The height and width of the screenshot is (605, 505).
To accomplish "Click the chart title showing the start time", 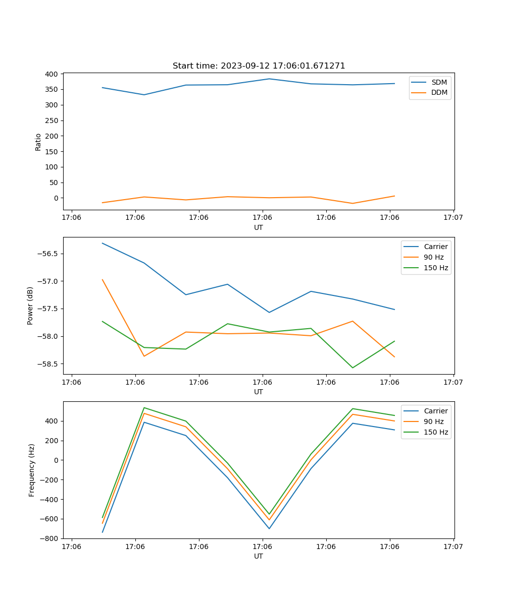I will [259, 66].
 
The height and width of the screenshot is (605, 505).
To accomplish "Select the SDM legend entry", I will [439, 82].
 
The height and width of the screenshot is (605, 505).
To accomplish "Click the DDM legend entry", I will [439, 92].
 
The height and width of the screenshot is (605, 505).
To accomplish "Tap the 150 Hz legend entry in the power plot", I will [435, 268].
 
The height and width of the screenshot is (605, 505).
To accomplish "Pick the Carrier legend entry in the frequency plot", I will [435, 411].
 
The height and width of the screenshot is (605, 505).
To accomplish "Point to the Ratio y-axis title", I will [38, 142].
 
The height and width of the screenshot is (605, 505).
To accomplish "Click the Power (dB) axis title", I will [30, 306].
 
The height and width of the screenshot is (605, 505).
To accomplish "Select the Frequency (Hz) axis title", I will [32, 470].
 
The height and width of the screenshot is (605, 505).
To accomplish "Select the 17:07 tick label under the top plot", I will [453, 217].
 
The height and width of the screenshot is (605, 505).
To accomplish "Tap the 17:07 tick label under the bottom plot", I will [453, 546].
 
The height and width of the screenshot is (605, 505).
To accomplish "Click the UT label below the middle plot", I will [259, 392].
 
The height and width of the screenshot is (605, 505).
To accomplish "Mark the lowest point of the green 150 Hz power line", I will [352, 368].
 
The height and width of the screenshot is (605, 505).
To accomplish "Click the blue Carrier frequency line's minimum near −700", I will [269, 528].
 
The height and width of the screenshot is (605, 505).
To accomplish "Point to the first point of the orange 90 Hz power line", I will [103, 280].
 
